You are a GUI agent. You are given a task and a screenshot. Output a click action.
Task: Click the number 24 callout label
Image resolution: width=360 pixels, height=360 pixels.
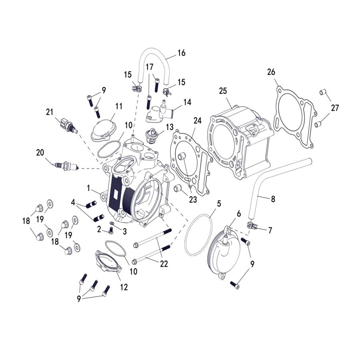point(197,120)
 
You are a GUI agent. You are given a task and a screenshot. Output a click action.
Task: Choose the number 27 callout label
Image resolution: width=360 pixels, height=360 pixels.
point(335,108)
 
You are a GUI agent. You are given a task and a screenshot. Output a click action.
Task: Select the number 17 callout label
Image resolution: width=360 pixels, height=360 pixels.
point(149,67)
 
